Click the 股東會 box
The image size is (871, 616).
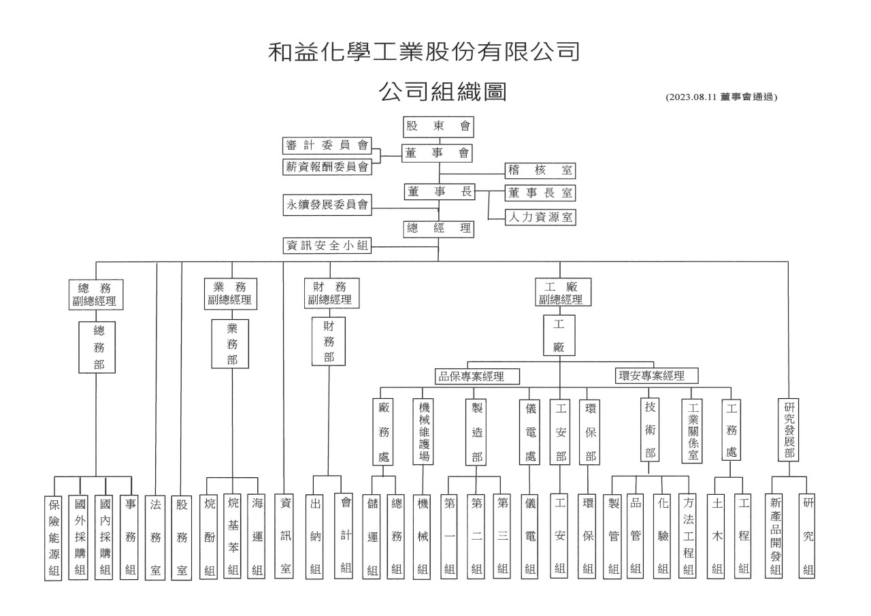tap(438, 127)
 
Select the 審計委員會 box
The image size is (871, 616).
tap(327, 146)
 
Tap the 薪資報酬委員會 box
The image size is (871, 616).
tap(327, 167)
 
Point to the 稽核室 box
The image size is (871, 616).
tap(540, 170)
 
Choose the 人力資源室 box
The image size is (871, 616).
tap(540, 217)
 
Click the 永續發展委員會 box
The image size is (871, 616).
tap(327, 205)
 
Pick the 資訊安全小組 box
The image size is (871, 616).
tap(327, 246)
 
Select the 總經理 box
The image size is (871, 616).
tap(438, 229)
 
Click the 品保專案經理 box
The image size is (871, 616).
tap(477, 376)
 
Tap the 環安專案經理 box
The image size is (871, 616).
tap(657, 376)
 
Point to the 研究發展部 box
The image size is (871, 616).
tap(788, 429)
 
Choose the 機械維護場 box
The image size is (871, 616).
tap(423, 432)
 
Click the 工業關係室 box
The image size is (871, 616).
tap(692, 431)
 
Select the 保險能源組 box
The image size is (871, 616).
tap(53, 538)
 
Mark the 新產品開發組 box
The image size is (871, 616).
tap(774, 536)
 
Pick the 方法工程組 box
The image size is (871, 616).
tap(687, 536)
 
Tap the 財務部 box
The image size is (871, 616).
tap(329, 341)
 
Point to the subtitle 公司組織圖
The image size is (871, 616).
tap(442, 92)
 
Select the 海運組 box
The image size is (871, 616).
tap(257, 536)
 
